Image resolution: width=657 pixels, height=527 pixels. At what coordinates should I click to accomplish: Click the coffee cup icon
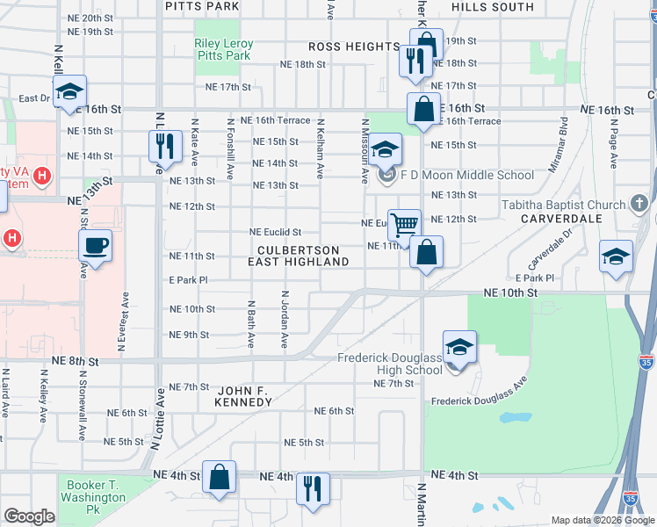pyautogui.click(x=95, y=245)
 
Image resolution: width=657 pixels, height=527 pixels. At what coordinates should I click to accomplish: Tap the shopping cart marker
pyautogui.click(x=404, y=224)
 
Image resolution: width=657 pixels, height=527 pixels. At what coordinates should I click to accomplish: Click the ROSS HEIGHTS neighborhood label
pyautogui.click(x=354, y=47)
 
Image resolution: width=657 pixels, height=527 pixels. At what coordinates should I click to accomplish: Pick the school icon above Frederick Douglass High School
pyautogui.click(x=459, y=346)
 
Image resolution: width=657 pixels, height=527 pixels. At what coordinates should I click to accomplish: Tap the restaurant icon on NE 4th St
pyautogui.click(x=313, y=487)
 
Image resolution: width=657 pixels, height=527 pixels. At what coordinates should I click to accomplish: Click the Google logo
pyautogui.click(x=29, y=516)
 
